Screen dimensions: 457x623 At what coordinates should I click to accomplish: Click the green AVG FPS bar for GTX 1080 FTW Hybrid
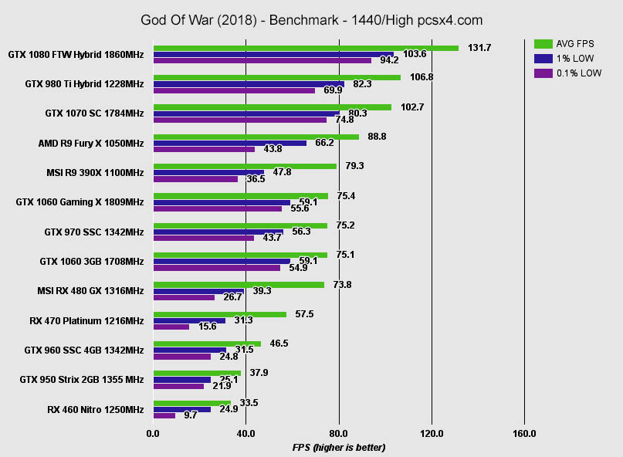[x=306, y=48]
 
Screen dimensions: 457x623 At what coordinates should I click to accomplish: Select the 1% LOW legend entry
[x=568, y=58]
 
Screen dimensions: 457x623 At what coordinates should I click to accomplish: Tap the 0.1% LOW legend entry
[x=568, y=73]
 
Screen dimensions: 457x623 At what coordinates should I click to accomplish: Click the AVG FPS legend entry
[x=568, y=43]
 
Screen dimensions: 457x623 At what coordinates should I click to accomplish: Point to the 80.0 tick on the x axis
[x=338, y=434]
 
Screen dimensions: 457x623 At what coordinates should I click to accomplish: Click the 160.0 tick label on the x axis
[x=524, y=434]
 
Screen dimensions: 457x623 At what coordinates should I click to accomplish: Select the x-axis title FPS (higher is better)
[x=338, y=448]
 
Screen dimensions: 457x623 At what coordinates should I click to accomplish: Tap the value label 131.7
[x=479, y=48]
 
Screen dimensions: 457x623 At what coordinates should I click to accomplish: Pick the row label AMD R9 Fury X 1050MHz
[x=90, y=144]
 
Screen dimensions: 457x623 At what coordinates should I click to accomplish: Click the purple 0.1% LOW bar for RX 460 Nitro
[x=164, y=415]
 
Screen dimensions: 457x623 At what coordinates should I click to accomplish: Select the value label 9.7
[x=189, y=415]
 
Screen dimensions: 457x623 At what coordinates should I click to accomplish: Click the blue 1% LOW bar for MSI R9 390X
[x=208, y=172]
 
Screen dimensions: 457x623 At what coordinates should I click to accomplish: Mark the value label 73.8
[x=342, y=284]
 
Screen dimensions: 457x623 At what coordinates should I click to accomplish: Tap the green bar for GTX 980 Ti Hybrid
[x=277, y=77]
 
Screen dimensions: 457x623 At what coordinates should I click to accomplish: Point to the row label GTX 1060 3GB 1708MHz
[x=91, y=262]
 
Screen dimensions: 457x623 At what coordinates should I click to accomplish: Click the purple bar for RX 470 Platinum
[x=171, y=327]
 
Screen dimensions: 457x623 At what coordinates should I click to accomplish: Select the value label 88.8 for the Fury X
[x=378, y=137]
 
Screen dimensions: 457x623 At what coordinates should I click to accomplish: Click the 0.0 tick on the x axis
[x=154, y=434]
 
